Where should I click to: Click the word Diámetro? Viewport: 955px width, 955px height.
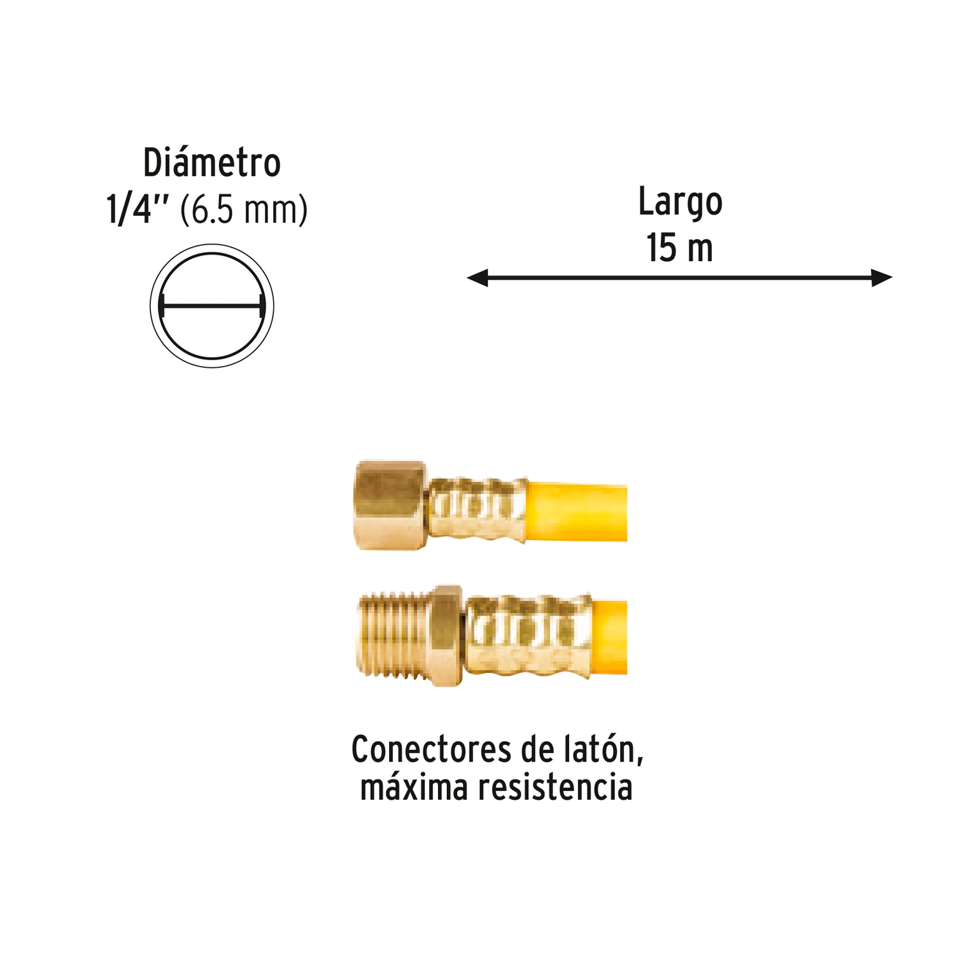pos(212,163)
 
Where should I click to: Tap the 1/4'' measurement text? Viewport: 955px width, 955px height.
pos(138,209)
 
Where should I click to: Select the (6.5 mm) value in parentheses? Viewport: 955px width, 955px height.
pos(244,210)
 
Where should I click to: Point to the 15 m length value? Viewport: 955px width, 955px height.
pos(680,248)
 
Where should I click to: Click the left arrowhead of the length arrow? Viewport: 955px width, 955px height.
pos(478,278)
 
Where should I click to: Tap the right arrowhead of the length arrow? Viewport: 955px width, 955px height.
pos(882,278)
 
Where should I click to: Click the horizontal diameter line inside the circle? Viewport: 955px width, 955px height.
pos(212,306)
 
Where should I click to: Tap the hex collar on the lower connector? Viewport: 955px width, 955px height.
pos(449,635)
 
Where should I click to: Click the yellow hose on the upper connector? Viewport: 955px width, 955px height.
pos(577,512)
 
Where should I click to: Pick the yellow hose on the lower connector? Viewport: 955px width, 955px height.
pos(609,636)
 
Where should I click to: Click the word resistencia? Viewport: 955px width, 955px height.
pos(555,787)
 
